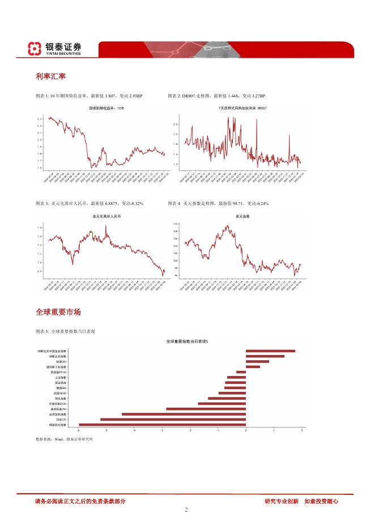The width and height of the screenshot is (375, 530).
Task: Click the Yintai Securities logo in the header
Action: [x=54, y=49]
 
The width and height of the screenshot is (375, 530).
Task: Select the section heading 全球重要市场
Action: [x=58, y=312]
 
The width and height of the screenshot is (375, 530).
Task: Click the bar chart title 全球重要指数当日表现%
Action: [x=187, y=341]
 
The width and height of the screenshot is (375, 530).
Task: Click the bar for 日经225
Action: [x=173, y=419]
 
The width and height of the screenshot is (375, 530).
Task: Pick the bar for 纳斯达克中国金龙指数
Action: [x=270, y=351]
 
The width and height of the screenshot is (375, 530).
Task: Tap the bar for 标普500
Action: [x=257, y=361]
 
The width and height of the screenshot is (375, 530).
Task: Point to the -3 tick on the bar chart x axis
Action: [x=162, y=430]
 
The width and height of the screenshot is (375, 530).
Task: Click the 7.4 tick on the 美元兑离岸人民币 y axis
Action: [x=40, y=228]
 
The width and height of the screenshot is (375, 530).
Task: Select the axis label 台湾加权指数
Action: [x=58, y=414]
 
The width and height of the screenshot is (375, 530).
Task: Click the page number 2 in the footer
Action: [x=186, y=510]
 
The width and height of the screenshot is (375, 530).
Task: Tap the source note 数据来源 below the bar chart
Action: [x=64, y=439]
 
